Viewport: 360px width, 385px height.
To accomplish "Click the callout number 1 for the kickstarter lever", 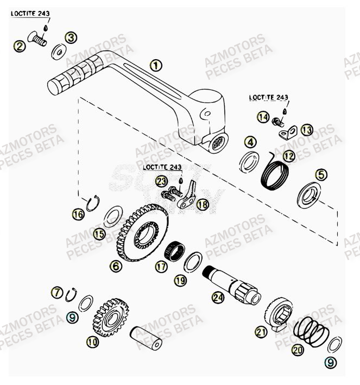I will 155,66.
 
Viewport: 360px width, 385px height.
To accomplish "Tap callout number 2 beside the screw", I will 20,46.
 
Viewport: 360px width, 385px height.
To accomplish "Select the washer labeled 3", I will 58,53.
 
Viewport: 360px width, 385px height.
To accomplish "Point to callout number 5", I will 321,174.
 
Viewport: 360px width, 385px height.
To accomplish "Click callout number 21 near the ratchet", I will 261,332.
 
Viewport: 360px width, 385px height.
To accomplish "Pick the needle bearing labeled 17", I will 176,250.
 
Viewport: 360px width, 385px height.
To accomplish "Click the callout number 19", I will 180,280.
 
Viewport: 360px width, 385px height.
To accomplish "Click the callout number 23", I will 161,181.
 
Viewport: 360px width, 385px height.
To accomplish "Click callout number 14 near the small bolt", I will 263,117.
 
